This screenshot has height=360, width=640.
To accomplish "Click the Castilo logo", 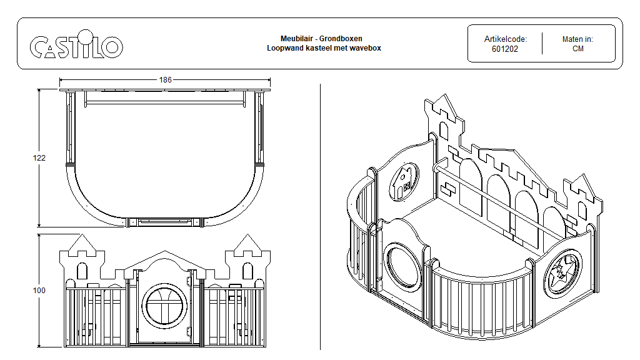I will coord(76,46).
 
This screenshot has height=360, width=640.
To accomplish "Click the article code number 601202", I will coord(505,49).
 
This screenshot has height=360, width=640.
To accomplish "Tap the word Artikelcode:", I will coord(505,39).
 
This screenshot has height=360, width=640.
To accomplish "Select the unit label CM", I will coord(577,49).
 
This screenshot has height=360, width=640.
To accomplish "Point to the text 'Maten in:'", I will coord(577,39).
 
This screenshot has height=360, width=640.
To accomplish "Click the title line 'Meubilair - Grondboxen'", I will coord(321,39).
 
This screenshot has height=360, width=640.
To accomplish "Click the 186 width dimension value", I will coord(165,80).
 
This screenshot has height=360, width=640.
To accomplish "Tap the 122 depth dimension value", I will coord(39,158).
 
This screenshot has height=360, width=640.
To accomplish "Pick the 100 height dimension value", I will coord(39,290).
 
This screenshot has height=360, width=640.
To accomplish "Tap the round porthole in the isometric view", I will coord(400,267).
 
